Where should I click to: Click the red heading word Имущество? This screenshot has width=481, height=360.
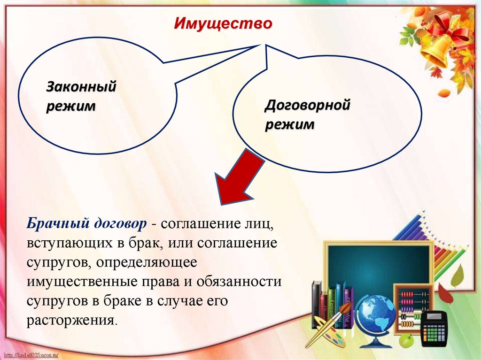point(223,23)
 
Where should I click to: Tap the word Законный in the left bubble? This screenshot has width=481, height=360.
point(81,86)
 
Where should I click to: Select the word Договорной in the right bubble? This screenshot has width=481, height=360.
point(307,105)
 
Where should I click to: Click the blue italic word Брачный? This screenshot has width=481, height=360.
point(57,223)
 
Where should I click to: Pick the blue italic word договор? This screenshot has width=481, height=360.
point(120,223)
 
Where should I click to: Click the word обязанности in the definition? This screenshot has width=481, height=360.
point(239,282)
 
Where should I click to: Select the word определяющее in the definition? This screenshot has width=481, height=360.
point(147,263)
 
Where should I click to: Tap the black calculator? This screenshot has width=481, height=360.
point(434,329)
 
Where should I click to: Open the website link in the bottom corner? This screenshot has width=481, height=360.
point(31,355)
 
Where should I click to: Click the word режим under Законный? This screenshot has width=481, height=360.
point(71,106)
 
